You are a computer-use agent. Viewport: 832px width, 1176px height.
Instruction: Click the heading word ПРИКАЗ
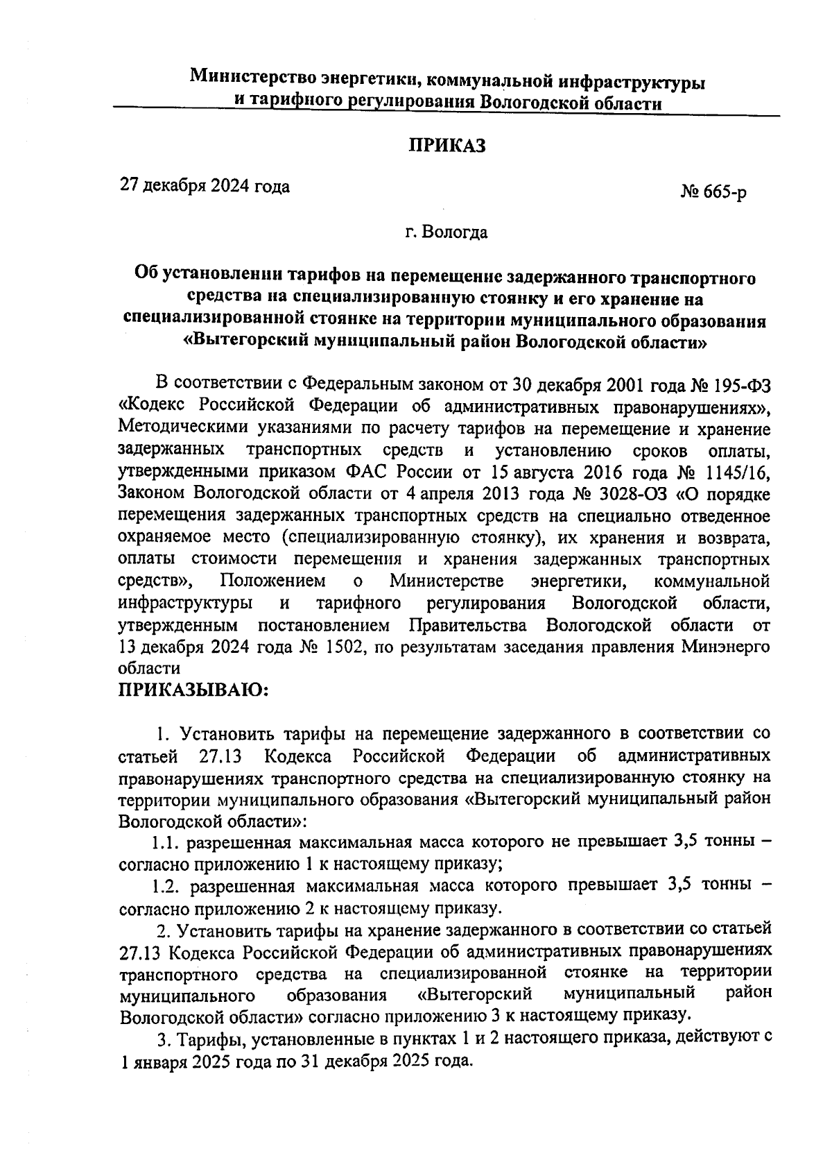(447, 147)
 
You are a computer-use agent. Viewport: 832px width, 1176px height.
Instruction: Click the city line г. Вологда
(447, 232)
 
